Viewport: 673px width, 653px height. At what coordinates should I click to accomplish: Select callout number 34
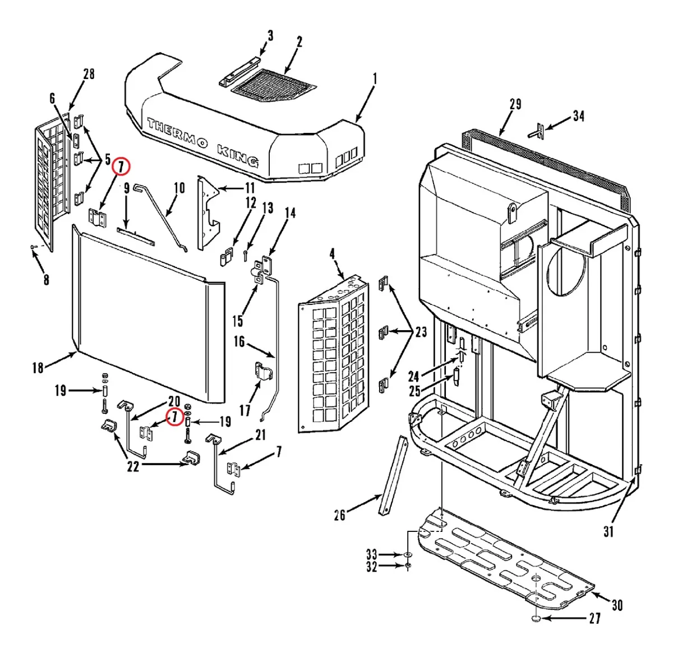point(579,117)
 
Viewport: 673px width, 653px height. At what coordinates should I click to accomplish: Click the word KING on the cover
point(238,155)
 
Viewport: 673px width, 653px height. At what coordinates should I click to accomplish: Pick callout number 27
point(595,618)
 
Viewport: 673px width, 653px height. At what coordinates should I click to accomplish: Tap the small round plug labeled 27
point(536,618)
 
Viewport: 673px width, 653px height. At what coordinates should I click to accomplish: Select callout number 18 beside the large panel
point(38,368)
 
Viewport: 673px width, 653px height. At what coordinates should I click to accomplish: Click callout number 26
point(340,515)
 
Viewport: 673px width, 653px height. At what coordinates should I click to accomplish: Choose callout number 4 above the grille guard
point(332,254)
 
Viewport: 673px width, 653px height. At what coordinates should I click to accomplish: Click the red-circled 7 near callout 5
point(121,167)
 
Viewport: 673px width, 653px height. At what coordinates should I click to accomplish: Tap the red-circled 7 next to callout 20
point(174,416)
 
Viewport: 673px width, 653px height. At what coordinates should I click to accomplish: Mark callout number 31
point(609,532)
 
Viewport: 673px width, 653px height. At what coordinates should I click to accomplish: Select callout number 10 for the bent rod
point(179,188)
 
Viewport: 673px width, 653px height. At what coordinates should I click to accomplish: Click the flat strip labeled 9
point(136,237)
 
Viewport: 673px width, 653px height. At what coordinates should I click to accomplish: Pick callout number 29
point(515,104)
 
